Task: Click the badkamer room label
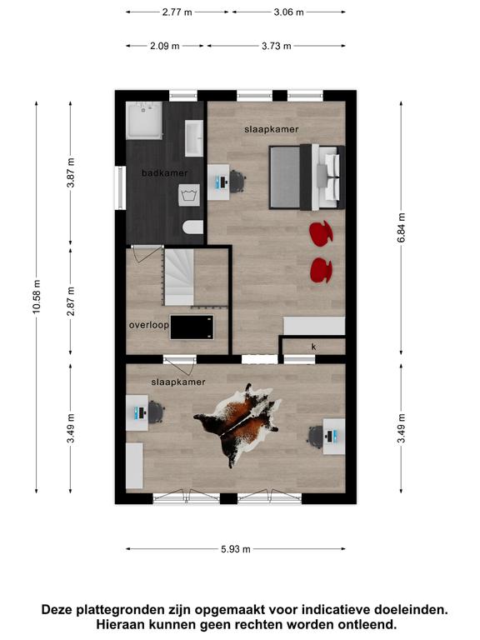tap(164, 173)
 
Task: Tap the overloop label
tap(148, 325)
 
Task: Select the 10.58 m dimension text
tap(37, 297)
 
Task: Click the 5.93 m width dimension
tap(236, 549)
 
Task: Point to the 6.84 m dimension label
tap(401, 227)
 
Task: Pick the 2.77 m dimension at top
tap(177, 12)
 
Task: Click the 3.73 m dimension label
tap(277, 46)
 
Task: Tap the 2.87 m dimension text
tap(71, 301)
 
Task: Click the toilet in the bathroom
tap(193, 227)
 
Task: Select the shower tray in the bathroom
tap(144, 120)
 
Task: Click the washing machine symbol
tap(189, 195)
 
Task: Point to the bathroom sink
tap(194, 138)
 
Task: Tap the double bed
tap(307, 177)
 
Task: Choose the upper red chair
tap(321, 233)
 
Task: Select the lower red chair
tap(321, 270)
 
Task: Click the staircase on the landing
tap(179, 277)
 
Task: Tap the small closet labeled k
tap(313, 347)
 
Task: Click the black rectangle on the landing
tap(192, 327)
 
